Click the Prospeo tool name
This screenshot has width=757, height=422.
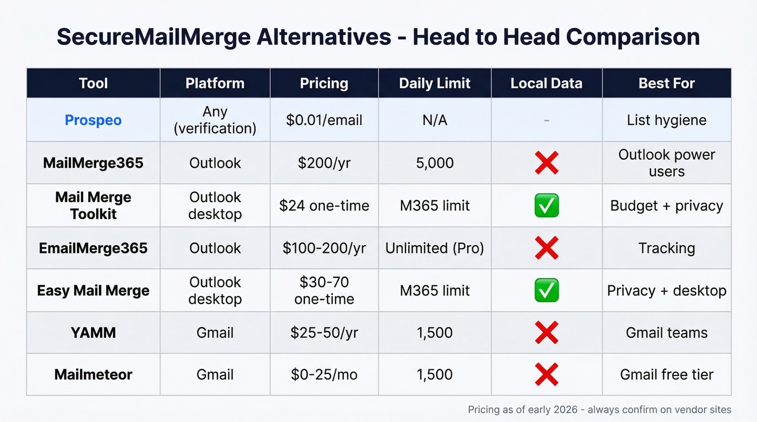93,120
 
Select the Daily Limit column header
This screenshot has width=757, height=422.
435,83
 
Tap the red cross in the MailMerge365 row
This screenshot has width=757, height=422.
546,163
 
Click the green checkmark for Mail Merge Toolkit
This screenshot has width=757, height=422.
546,206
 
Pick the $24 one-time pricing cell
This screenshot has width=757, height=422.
324,205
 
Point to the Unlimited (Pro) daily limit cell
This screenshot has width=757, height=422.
435,248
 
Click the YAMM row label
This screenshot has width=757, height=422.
93,332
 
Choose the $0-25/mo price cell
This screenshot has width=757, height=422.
324,374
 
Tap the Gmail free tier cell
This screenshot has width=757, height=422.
667,374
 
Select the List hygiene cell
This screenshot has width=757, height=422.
667,120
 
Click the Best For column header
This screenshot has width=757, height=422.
667,83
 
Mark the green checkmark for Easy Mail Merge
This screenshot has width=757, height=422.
546,291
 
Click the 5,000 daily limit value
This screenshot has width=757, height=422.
435,163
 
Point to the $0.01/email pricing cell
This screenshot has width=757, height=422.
324,120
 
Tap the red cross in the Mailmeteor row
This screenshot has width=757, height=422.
546,374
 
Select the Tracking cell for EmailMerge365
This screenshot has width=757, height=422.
667,248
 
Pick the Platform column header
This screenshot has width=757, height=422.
215,83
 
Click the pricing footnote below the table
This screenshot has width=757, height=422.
599,410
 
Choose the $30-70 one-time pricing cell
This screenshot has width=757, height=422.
324,291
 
